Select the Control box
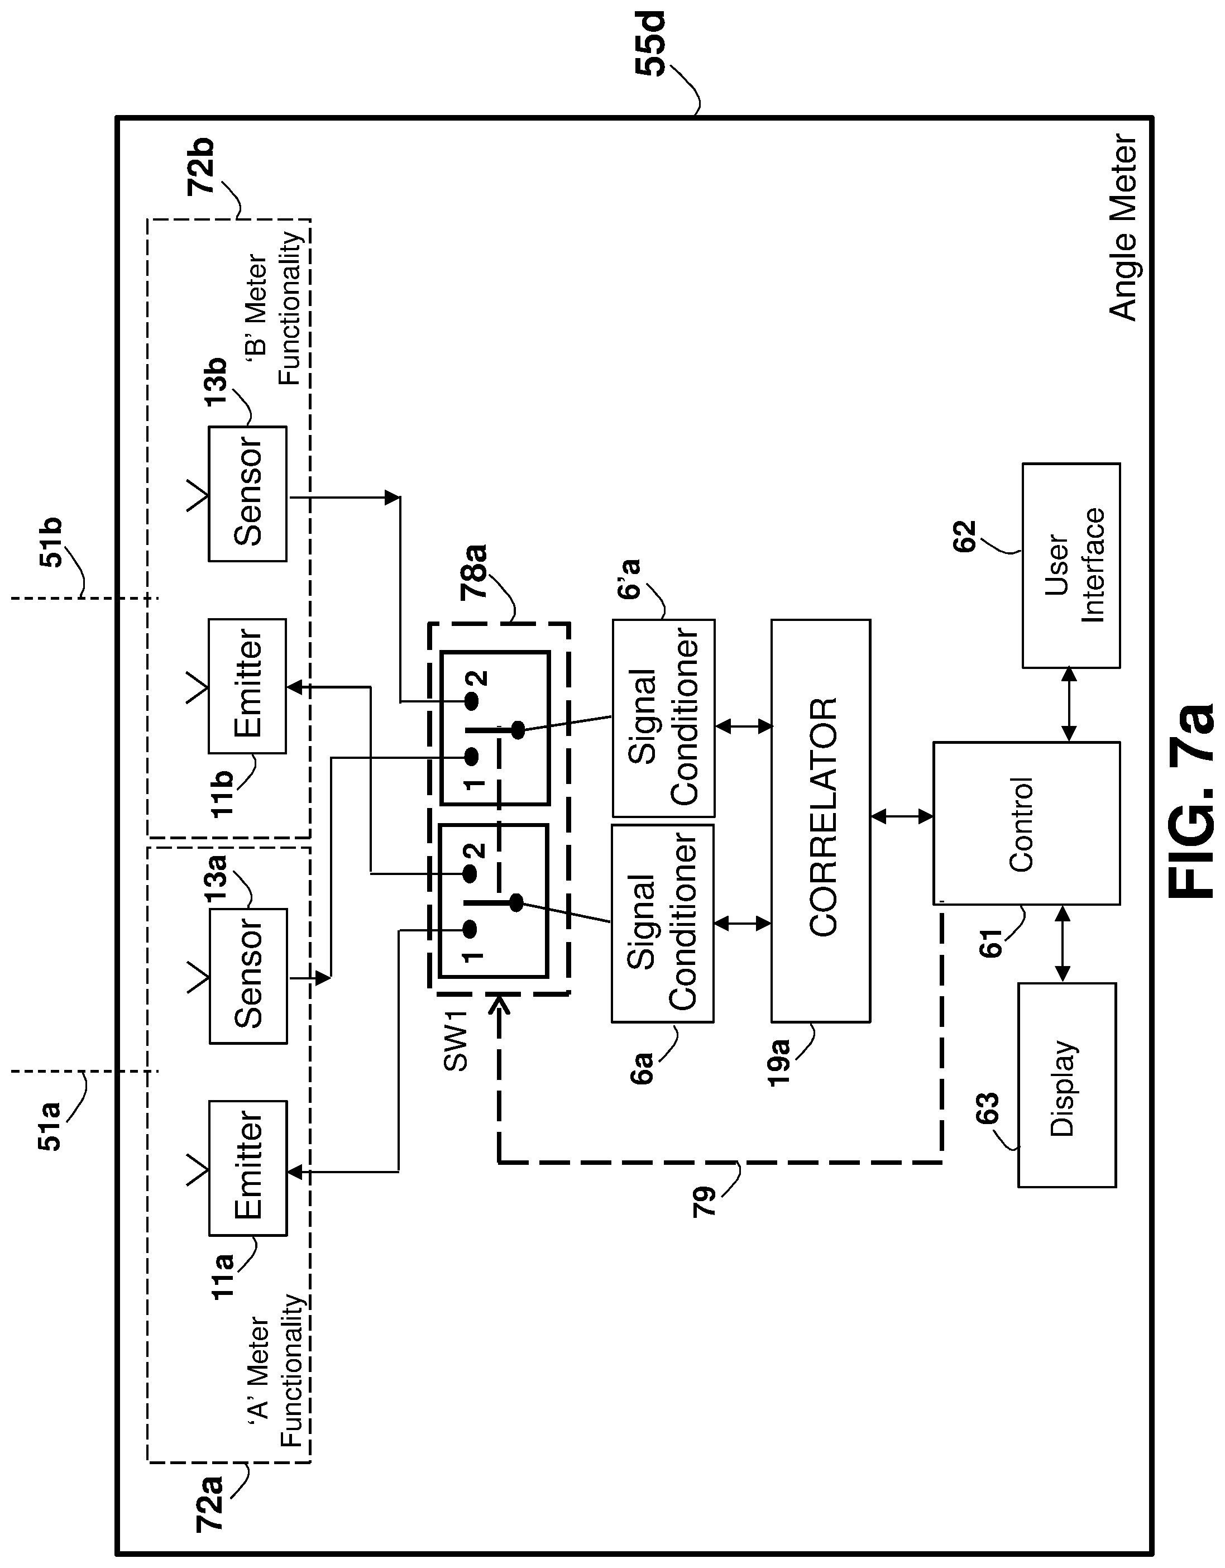pyautogui.click(x=1026, y=823)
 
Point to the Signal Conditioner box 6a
pyautogui.click(x=663, y=922)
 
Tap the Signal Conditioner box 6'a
pyautogui.click(x=663, y=718)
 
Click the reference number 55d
pyautogui.click(x=650, y=43)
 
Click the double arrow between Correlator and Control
pyautogui.click(x=902, y=816)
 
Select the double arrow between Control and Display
pyautogui.click(x=1063, y=943)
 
